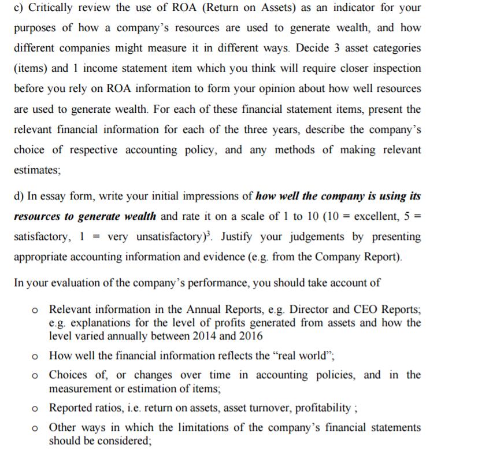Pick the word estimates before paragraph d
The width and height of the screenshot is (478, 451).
click(36, 171)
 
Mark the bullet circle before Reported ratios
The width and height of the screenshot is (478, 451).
click(36, 408)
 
